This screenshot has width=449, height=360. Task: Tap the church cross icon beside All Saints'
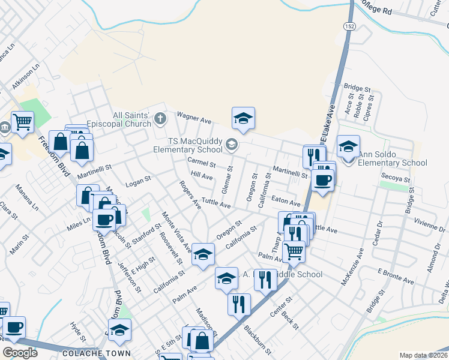[160, 118]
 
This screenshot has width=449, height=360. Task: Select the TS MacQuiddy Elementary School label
[187, 145]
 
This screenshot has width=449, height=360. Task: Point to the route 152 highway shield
[349, 25]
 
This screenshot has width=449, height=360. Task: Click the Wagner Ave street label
[193, 118]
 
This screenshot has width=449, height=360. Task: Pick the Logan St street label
[137, 179]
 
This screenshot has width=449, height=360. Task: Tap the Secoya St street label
[396, 179]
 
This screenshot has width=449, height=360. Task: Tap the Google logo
[20, 353]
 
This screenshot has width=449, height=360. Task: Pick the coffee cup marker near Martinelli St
[322, 179]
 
